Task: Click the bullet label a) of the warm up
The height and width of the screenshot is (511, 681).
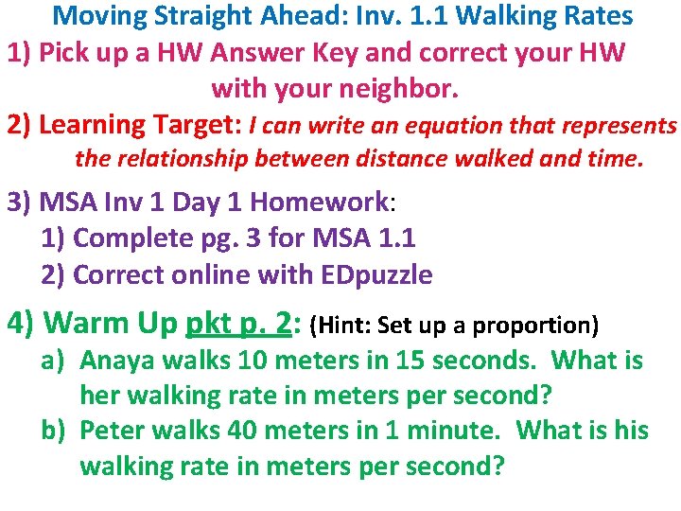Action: [54, 361]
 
